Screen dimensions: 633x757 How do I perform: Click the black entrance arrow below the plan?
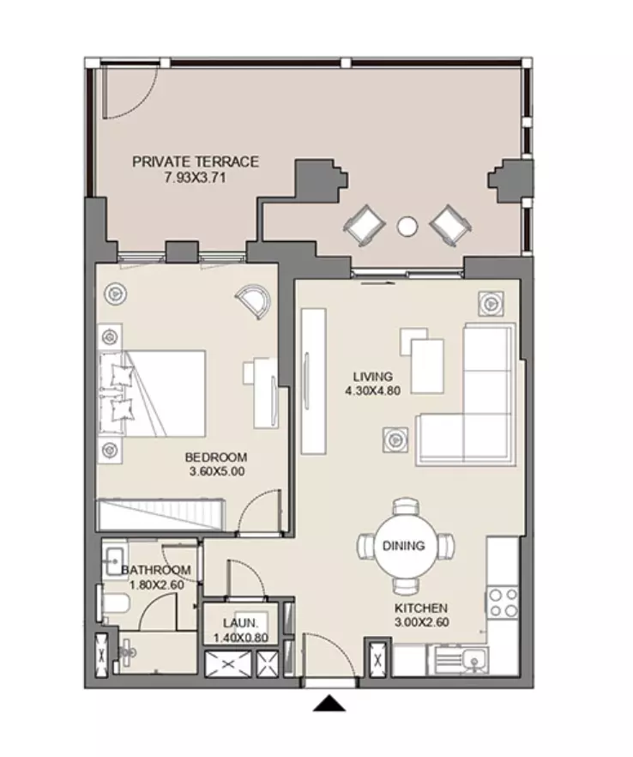(329, 703)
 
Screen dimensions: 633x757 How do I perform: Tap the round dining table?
(404, 546)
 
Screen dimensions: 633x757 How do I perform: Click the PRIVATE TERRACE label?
(196, 161)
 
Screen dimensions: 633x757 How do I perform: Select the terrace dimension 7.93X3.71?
(195, 178)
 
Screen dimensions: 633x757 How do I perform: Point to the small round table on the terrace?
(407, 226)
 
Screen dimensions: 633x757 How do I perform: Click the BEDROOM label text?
(216, 457)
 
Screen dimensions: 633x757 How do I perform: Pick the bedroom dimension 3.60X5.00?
(217, 472)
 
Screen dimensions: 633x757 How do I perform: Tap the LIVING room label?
(373, 377)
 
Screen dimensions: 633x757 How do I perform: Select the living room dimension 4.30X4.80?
(373, 391)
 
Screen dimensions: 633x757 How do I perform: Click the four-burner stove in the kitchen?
(503, 602)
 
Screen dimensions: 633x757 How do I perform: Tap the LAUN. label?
(241, 623)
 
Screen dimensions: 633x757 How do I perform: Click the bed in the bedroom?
(153, 394)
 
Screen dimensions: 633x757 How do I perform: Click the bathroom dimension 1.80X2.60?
(157, 584)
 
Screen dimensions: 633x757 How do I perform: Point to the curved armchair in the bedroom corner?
(254, 301)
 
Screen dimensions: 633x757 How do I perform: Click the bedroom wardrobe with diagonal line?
(161, 515)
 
